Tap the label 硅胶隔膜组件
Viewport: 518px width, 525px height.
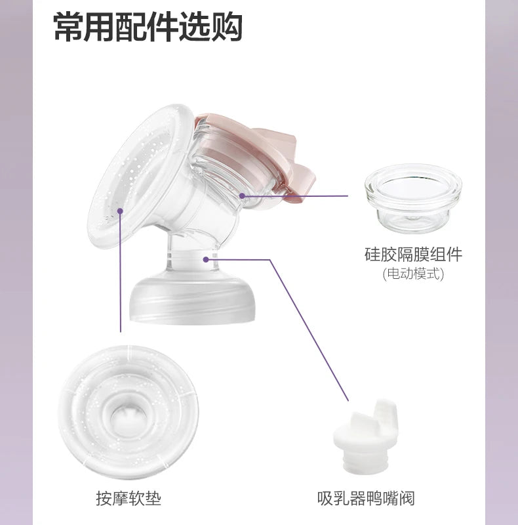pyautogui.click(x=413, y=255)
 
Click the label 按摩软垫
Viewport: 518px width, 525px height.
pyautogui.click(x=128, y=498)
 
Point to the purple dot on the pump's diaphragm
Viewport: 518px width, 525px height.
pyautogui.click(x=243, y=196)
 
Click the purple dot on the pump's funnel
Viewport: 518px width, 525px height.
pyautogui.click(x=121, y=211)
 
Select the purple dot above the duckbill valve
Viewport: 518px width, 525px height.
pyautogui.click(x=348, y=398)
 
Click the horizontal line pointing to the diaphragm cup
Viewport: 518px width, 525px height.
pyautogui.click(x=295, y=196)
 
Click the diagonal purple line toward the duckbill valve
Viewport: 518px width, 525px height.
pyautogui.click(x=308, y=328)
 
